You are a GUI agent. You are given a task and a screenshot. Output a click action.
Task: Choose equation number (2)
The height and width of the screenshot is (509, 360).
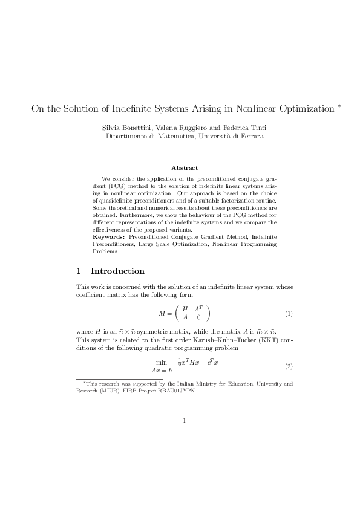click(x=289, y=366)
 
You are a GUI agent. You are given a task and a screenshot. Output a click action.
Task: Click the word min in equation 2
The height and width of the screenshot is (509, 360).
click(x=162, y=362)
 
